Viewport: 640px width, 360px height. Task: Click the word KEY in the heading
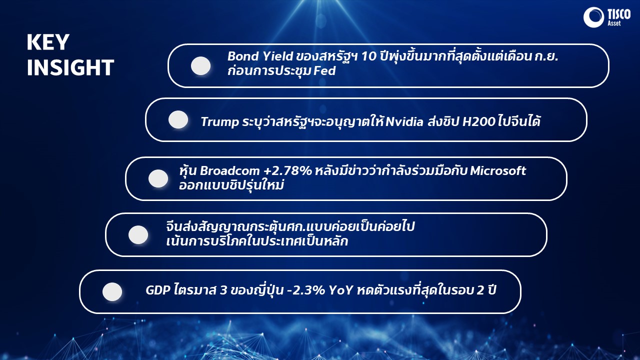click(x=48, y=42)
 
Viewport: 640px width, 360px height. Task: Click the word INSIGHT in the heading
click(x=70, y=67)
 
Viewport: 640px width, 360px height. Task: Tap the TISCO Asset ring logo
click(x=593, y=17)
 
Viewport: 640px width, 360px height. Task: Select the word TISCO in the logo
click(x=619, y=14)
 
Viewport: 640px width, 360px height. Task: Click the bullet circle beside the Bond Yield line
click(x=200, y=65)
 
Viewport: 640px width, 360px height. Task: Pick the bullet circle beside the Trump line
click(x=178, y=119)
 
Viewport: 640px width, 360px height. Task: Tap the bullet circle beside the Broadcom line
click(x=158, y=178)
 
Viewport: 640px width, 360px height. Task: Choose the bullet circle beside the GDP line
click(x=112, y=291)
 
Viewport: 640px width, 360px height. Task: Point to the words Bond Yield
click(x=260, y=56)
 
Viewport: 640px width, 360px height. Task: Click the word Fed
click(x=324, y=70)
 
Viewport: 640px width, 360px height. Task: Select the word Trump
click(x=219, y=122)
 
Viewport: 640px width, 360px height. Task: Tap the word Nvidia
click(x=404, y=121)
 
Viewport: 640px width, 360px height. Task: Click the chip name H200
click(x=479, y=121)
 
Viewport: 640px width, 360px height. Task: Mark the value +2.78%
click(x=287, y=171)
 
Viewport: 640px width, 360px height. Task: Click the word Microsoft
click(x=498, y=171)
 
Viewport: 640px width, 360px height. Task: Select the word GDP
click(x=158, y=290)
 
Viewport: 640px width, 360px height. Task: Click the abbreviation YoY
click(x=341, y=290)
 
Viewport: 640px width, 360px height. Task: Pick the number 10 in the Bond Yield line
click(x=369, y=56)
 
